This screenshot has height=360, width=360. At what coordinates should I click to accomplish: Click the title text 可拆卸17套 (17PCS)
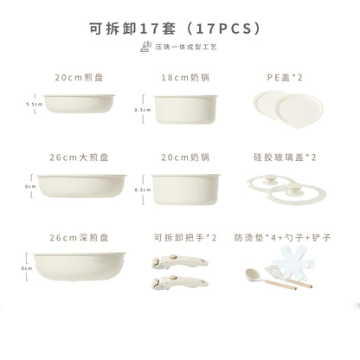click(x=179, y=26)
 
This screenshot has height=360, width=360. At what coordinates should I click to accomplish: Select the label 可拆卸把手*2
click(x=179, y=236)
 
